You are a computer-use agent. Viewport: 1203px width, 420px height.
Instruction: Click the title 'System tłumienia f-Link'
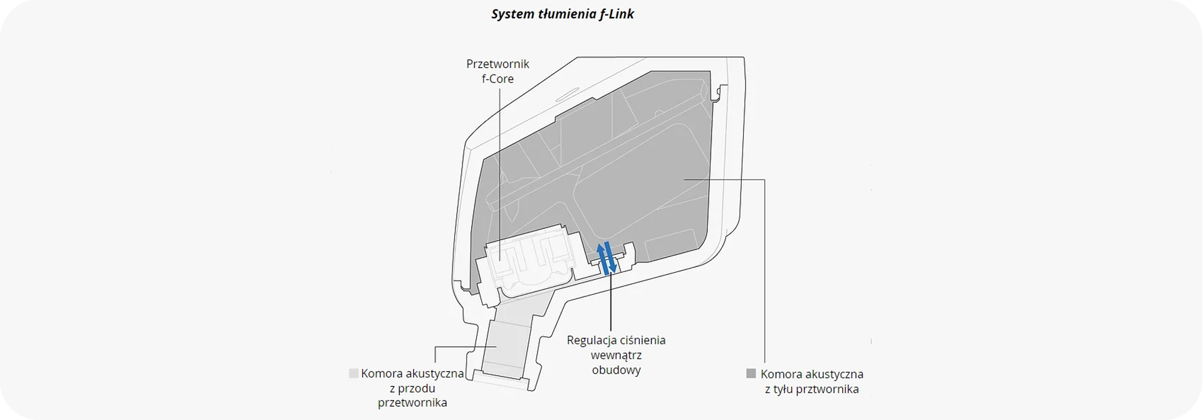click(x=562, y=14)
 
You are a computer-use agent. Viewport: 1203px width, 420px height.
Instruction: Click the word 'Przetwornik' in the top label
click(x=497, y=64)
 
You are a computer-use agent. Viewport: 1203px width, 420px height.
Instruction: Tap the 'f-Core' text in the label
click(x=497, y=79)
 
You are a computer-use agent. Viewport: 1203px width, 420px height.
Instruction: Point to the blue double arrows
click(x=606, y=258)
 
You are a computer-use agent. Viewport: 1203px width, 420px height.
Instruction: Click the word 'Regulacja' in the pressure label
click(x=591, y=340)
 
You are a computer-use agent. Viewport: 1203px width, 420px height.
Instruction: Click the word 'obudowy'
click(x=616, y=370)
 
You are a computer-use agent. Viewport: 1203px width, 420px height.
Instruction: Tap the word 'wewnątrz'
click(x=616, y=355)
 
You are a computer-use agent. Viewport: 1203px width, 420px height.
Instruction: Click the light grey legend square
click(x=353, y=374)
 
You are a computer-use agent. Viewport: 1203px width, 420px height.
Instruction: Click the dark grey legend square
click(x=751, y=374)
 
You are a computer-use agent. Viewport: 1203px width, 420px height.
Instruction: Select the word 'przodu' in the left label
click(x=417, y=389)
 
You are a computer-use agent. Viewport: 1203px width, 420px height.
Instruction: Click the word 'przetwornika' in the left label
click(x=412, y=403)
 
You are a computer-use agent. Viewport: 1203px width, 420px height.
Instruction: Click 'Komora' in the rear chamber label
click(x=779, y=374)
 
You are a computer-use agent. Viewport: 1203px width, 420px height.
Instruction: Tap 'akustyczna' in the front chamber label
click(x=434, y=374)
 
